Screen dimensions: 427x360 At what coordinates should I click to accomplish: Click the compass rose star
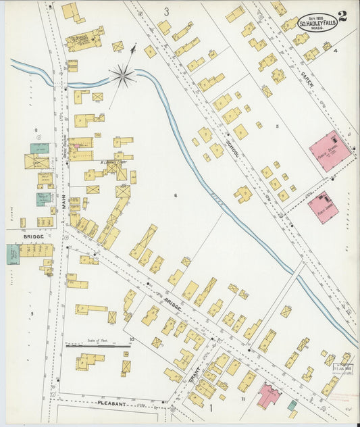tap(122, 75)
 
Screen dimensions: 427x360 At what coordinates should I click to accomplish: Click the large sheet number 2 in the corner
tap(343, 17)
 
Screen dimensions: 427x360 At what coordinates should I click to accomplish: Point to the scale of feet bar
tap(98, 345)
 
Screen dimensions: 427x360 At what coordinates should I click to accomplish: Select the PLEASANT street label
tap(112, 403)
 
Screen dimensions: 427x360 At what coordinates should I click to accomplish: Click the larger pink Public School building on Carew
tap(330, 150)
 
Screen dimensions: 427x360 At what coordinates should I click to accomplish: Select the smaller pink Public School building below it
tap(323, 207)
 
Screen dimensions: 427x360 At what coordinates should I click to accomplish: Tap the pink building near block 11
tap(268, 394)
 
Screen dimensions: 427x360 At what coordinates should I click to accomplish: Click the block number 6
tap(174, 196)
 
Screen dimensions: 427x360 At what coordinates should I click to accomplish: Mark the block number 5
tap(276, 126)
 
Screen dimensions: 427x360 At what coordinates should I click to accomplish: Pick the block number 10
tap(132, 339)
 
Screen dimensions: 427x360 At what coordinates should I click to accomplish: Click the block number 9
tap(31, 313)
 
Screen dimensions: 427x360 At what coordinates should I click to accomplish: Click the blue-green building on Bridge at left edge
tap(13, 254)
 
